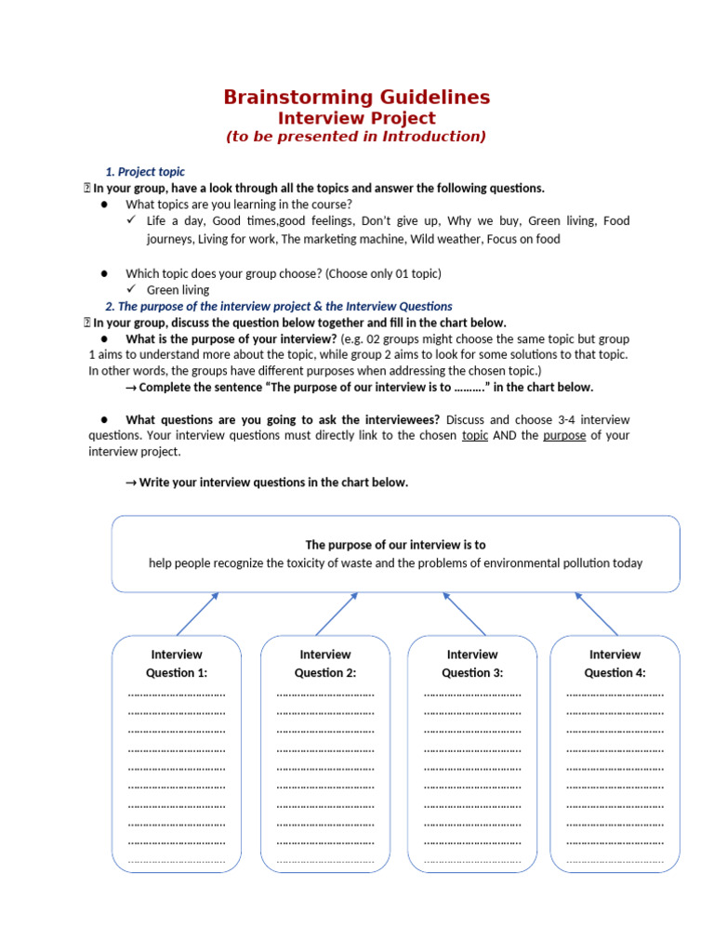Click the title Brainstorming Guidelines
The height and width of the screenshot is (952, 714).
(x=357, y=97)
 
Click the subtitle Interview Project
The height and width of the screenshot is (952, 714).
(x=357, y=118)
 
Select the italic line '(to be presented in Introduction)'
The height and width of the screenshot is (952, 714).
(x=357, y=137)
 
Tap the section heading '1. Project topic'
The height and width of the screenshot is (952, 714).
(x=145, y=172)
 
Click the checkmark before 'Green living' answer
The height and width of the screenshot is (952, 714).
(x=132, y=290)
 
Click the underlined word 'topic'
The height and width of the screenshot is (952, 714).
(x=475, y=435)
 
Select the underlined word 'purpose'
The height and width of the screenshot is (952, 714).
(x=564, y=435)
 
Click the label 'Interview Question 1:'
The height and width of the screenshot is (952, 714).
(x=177, y=663)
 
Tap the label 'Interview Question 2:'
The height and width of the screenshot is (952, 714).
(x=325, y=663)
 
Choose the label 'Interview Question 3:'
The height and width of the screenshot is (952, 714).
(x=472, y=663)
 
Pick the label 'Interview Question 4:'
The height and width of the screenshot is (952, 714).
(x=615, y=663)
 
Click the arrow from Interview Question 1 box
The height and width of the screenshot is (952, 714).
(x=197, y=614)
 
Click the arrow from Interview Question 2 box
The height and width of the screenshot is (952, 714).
(x=337, y=614)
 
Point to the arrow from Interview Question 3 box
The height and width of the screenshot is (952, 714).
(x=464, y=614)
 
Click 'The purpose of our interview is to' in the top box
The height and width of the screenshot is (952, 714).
(x=395, y=545)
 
